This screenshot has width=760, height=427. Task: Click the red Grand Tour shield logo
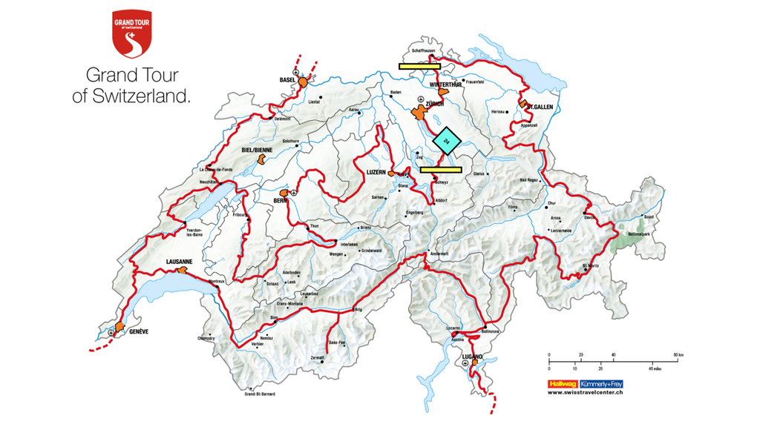[x=131, y=34]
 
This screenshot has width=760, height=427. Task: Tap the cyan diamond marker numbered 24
[x=447, y=140]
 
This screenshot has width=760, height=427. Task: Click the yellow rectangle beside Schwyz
[x=441, y=170]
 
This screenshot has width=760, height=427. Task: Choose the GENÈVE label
[x=139, y=331]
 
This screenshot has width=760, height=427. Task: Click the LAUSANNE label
[x=180, y=262]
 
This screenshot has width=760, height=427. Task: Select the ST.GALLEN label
[x=541, y=107]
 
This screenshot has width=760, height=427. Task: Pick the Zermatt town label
[x=317, y=357]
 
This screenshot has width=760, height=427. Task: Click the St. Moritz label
[x=591, y=265]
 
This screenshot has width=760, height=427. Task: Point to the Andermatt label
[x=440, y=254]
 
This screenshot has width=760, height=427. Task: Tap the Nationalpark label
[x=638, y=234]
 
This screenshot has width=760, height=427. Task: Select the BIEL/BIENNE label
[x=258, y=149]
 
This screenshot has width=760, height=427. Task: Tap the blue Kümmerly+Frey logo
[x=601, y=384]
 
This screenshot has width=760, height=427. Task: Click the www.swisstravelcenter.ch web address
[x=586, y=393]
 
